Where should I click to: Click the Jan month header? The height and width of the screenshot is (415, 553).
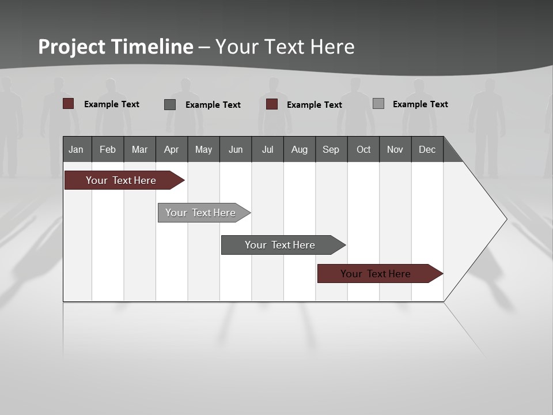tap(77, 149)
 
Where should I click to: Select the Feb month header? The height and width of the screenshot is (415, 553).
tap(108, 149)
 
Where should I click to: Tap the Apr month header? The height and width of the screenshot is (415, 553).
tap(172, 149)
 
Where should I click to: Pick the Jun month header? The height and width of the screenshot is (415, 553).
tap(236, 149)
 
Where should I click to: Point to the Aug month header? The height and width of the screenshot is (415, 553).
tap(300, 149)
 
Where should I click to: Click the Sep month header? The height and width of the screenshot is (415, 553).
tap(331, 149)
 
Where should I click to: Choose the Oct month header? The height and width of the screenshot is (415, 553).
tap(363, 149)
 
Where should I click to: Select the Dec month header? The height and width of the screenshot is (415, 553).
tap(427, 149)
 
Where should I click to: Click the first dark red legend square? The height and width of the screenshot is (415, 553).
tap(69, 104)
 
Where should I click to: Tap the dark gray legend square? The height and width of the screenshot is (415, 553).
tap(170, 104)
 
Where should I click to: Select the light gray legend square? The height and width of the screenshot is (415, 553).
tap(378, 104)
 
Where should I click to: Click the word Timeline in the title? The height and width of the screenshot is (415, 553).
tap(151, 47)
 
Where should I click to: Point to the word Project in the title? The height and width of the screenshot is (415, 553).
tap(72, 47)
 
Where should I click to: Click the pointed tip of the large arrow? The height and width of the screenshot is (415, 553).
tap(505, 219)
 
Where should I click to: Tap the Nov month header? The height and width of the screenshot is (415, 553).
tap(395, 149)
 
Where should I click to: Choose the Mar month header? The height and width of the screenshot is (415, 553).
tap(139, 149)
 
